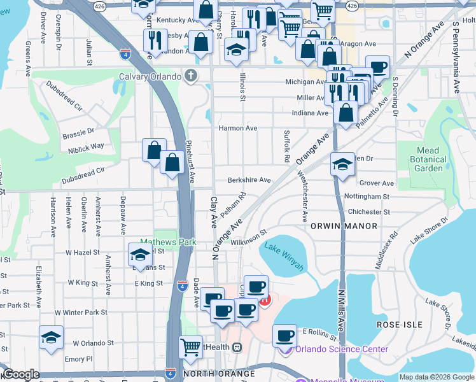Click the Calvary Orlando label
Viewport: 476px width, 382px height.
[150, 77]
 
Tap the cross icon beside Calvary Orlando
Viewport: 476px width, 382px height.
[190, 77]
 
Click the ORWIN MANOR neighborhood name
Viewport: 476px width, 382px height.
[343, 226]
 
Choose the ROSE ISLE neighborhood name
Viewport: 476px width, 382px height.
[399, 325]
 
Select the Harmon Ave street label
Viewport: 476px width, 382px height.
[238, 128]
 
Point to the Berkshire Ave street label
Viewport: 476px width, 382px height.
[249, 180]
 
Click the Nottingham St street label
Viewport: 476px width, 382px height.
[366, 197]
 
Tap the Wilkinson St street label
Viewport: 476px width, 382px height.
[248, 242]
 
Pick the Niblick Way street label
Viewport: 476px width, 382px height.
[86, 146]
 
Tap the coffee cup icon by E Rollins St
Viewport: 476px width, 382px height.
[284, 334]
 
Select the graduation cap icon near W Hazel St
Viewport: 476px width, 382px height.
[139, 255]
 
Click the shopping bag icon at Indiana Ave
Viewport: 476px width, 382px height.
[346, 113]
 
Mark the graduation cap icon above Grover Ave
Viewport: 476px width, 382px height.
[342, 165]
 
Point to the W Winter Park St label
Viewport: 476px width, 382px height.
[81, 313]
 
